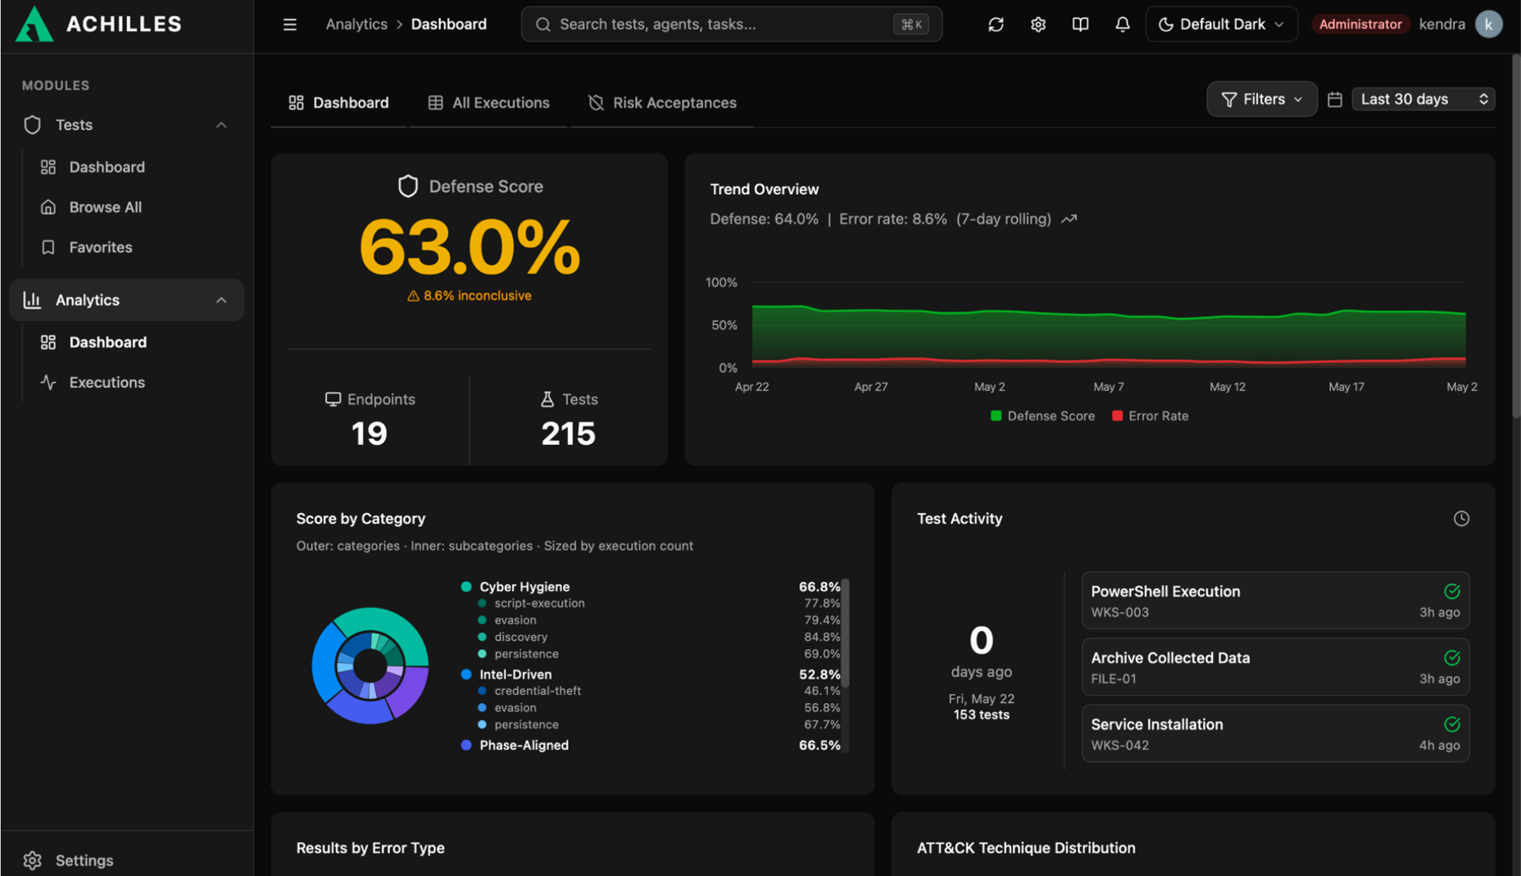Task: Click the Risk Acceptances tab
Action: [x=662, y=102]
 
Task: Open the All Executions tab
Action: [x=488, y=102]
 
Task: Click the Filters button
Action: [x=1262, y=99]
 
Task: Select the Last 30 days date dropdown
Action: [x=1423, y=99]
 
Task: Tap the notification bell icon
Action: [x=1123, y=25]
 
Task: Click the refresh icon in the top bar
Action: [x=996, y=25]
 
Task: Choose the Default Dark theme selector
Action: [x=1221, y=25]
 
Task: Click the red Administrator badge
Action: [x=1360, y=25]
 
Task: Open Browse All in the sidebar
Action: [x=105, y=207]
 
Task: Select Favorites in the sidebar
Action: [x=100, y=247]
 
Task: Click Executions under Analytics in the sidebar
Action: [x=107, y=383]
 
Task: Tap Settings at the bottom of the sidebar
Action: [x=84, y=860]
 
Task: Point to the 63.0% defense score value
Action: [x=470, y=247]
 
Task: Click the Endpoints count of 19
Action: [x=369, y=433]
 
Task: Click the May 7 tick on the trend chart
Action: [x=1109, y=387]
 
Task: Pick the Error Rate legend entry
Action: [x=1150, y=416]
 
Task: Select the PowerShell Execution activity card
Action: [x=1275, y=601]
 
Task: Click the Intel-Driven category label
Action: [x=515, y=674]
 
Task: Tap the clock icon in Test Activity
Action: [x=1461, y=519]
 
